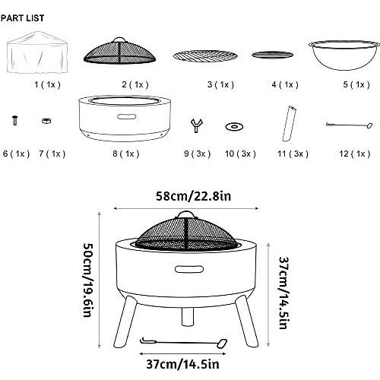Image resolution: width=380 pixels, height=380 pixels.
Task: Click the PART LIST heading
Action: click(x=22, y=18)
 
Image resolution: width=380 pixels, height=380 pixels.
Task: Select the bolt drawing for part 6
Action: click(x=15, y=120)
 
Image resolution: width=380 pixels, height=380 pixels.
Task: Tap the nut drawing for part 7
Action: click(x=46, y=121)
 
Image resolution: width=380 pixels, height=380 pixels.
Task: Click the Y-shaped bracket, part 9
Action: click(x=196, y=125)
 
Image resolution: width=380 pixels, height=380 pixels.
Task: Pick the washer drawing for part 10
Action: click(x=234, y=127)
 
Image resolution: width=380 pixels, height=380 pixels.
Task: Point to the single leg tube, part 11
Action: click(x=290, y=124)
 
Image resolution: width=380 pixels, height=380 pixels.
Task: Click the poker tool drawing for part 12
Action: click(x=350, y=125)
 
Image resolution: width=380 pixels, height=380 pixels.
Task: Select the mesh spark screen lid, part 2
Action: click(x=119, y=51)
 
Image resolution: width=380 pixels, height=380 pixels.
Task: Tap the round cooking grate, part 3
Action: click(x=205, y=55)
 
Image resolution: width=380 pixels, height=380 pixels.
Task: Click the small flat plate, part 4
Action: click(x=272, y=55)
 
